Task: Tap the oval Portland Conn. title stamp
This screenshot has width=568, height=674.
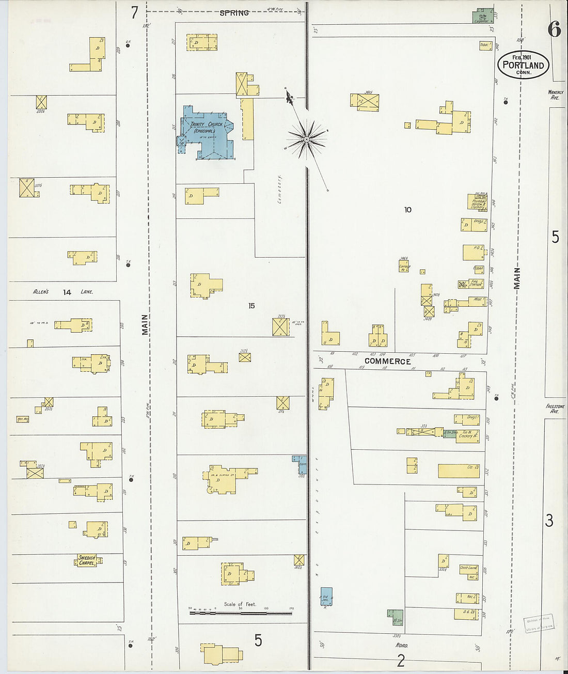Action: [x=523, y=65]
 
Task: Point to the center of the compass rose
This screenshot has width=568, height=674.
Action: [x=307, y=139]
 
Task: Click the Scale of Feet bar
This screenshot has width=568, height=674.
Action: [x=240, y=613]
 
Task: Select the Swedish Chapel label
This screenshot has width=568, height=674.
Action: [x=87, y=560]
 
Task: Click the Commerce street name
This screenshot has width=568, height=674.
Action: [x=387, y=361]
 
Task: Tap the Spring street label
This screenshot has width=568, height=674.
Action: [x=234, y=12]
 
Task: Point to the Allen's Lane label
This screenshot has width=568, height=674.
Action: [x=64, y=292]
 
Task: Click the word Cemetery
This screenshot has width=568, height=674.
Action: [x=279, y=189]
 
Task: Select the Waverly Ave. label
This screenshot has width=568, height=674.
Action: [x=556, y=95]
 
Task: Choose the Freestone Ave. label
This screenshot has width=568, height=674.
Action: [x=555, y=409]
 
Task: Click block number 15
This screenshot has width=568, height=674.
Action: [x=251, y=306]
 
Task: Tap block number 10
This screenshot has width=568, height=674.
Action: [x=408, y=210]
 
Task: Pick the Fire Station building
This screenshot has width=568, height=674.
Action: [x=475, y=284]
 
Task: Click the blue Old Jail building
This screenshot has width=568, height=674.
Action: [x=326, y=596]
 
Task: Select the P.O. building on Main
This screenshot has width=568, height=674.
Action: [x=474, y=252]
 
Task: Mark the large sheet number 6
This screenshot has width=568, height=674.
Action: [x=554, y=29]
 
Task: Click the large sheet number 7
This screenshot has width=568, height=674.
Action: [x=135, y=12]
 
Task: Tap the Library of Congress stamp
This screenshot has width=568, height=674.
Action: [x=539, y=624]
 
